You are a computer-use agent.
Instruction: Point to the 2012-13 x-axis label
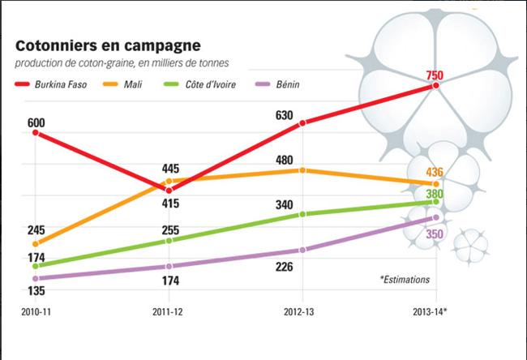tap(302, 311)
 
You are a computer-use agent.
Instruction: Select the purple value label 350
tap(435, 234)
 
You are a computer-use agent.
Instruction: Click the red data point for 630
tap(302, 123)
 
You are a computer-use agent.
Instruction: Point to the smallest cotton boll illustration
tap(470, 244)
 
